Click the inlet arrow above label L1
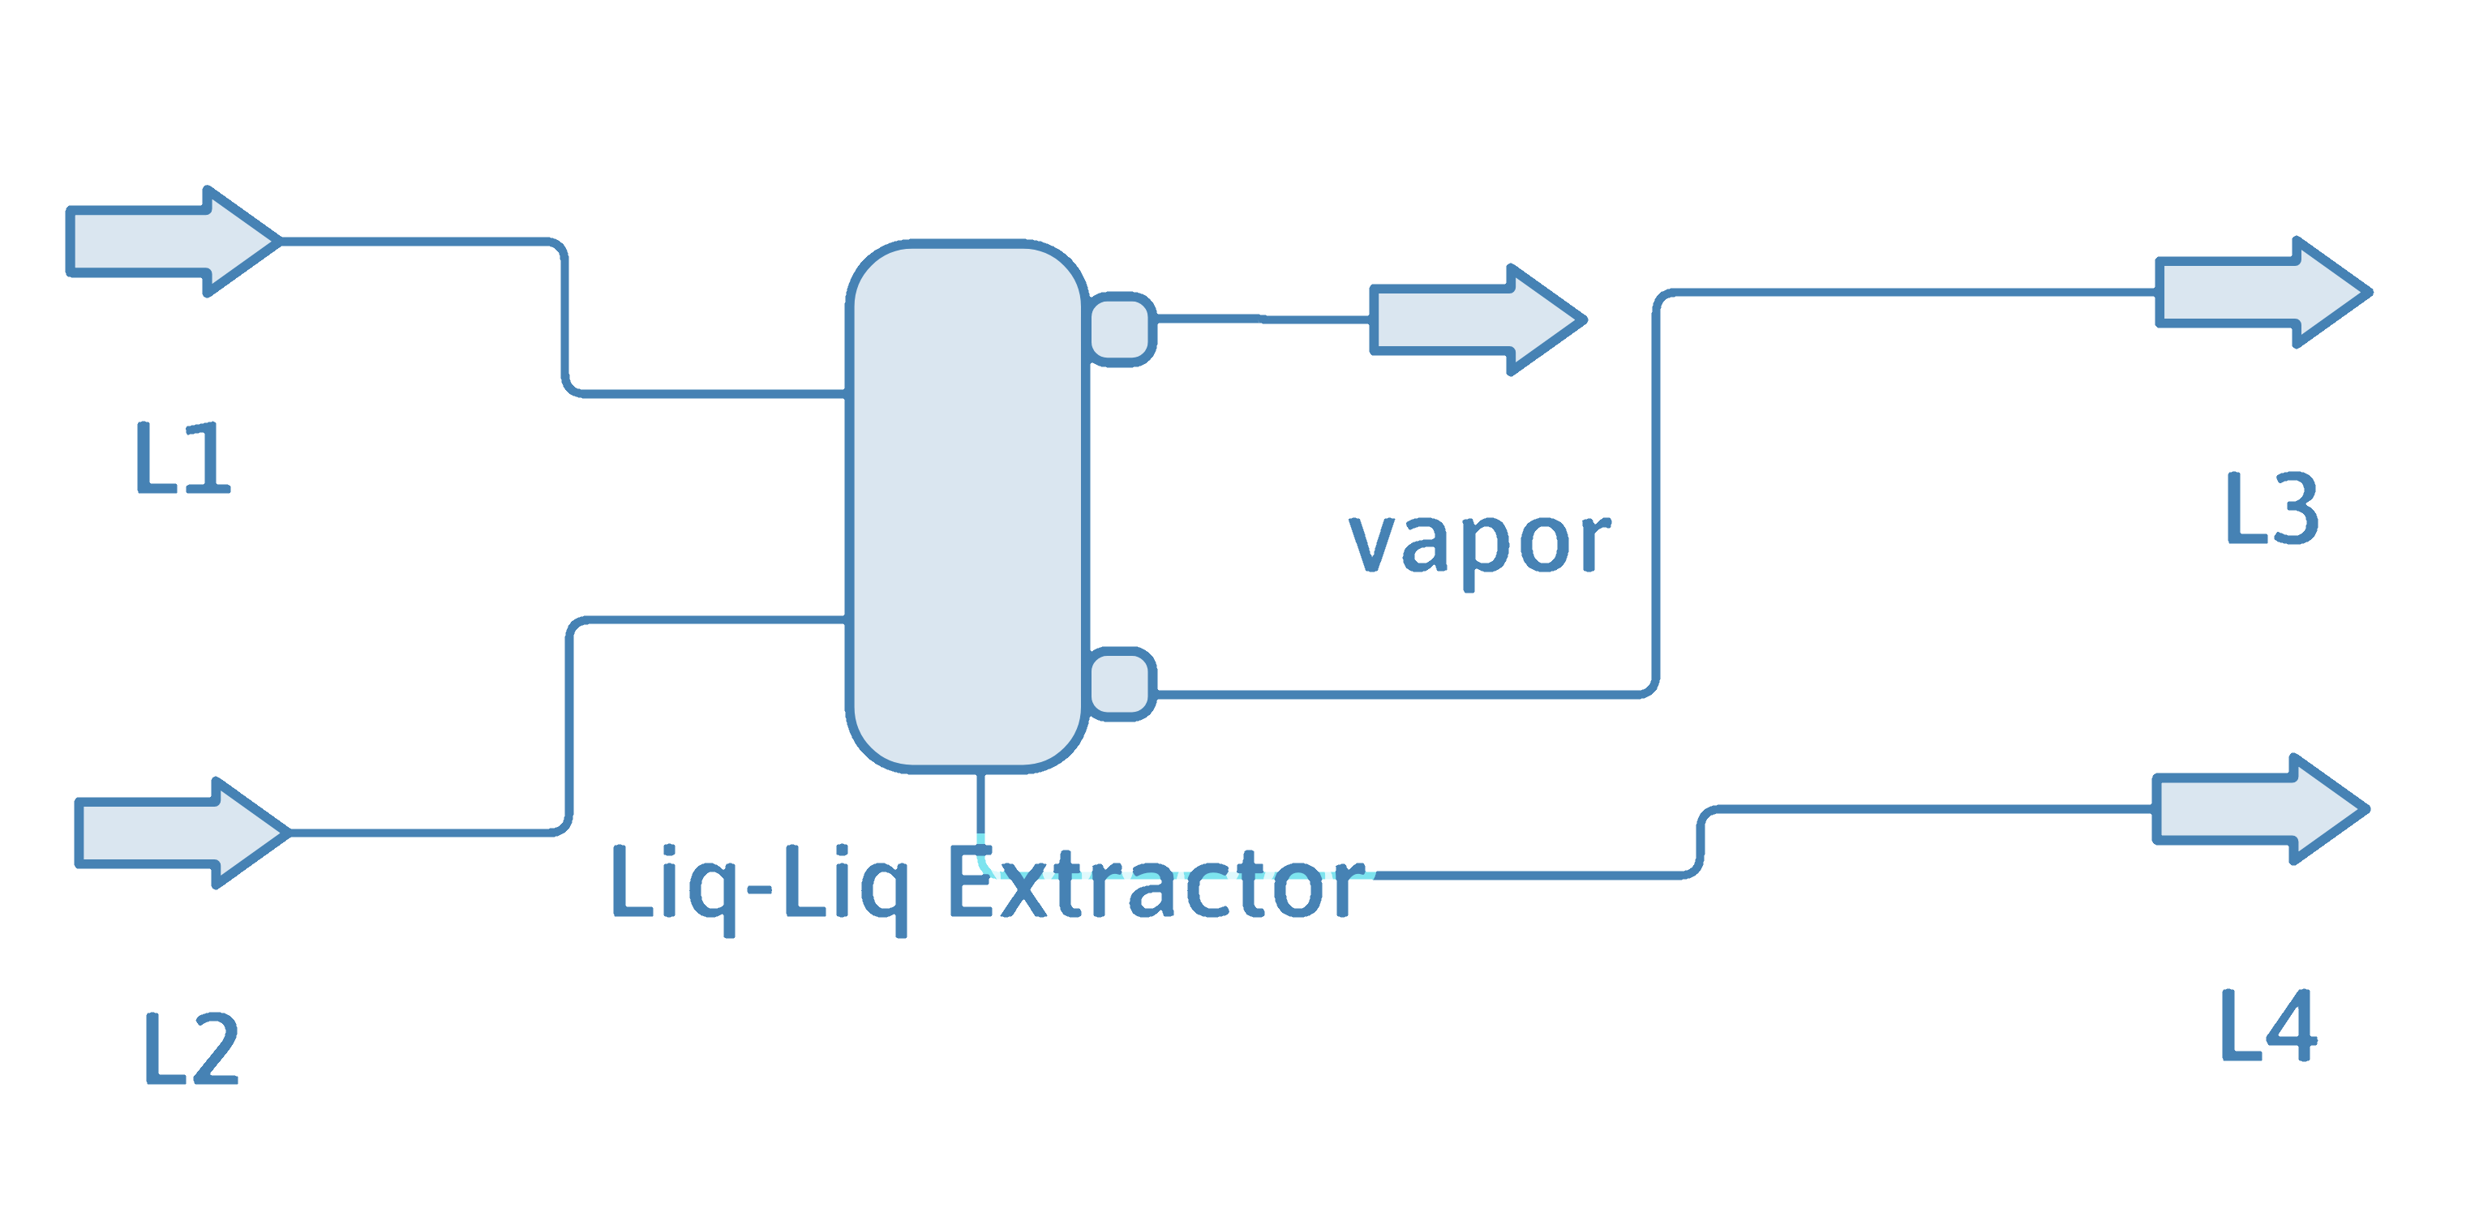165,242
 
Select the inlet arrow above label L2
174,833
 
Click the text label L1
182,458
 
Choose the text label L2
191,1049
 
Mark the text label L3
2271,508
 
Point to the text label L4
2267,1027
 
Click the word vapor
1479,543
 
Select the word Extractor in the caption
1156,885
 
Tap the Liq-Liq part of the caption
759,885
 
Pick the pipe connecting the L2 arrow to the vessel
568,726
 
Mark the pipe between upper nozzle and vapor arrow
1258,318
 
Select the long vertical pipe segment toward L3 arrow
1655,493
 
